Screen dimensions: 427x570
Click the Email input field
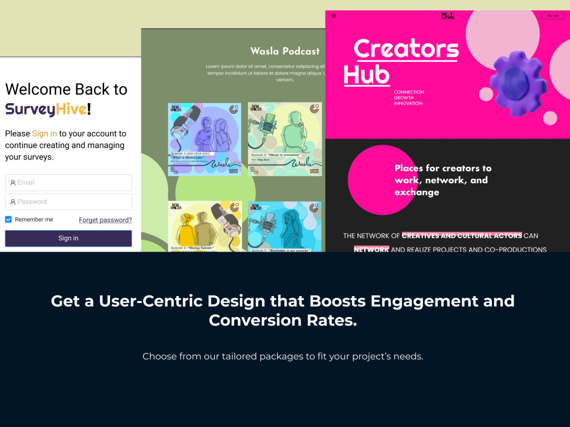(x=68, y=183)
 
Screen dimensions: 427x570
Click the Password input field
(x=68, y=202)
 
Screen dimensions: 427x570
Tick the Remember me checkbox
(x=9, y=220)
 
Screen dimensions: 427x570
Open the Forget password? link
(x=105, y=220)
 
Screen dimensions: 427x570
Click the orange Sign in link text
(x=44, y=134)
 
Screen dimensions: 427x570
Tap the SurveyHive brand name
(x=46, y=109)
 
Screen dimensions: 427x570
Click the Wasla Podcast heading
(x=285, y=51)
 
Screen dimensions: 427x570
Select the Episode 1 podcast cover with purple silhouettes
(x=205, y=139)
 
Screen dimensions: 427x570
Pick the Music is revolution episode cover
(x=284, y=139)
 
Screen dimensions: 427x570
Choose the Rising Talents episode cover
(x=205, y=226)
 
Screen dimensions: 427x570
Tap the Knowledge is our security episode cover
(x=284, y=226)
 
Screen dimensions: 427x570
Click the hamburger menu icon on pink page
(x=334, y=16)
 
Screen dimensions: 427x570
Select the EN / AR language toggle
(x=553, y=16)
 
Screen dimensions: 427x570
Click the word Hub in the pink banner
(x=367, y=75)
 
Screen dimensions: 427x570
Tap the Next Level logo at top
(x=448, y=16)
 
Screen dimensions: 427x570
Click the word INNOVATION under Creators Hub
(x=408, y=104)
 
